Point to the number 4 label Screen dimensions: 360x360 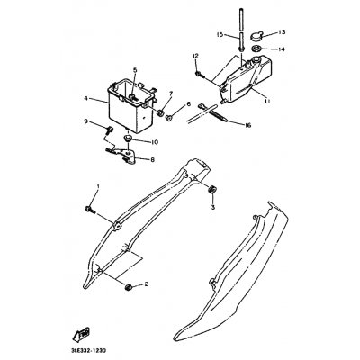(85, 99)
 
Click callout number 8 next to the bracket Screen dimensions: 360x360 (176, 159)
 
